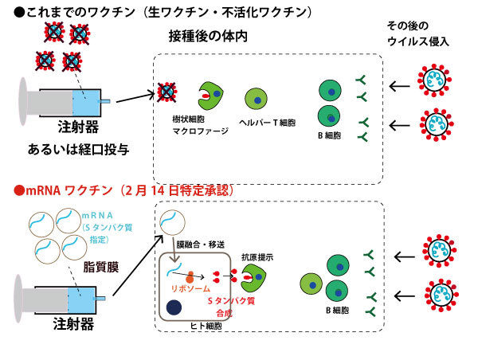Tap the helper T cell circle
pos(257,99)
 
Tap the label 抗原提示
pos(258,258)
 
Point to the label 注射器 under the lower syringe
pos(73,324)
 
